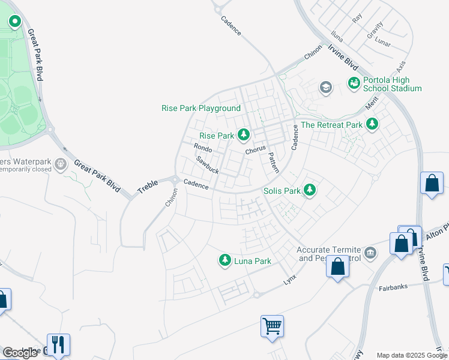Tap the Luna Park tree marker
coord(225,260)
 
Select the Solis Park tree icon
coord(310,190)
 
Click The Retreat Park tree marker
coord(373,124)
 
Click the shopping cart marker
coord(273,326)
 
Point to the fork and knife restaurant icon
coord(58,344)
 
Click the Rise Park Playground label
coord(201,109)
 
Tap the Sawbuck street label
coord(207,165)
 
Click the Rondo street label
coord(203,148)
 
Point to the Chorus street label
coord(255,150)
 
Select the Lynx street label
coord(291,280)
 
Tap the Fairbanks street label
coord(394,287)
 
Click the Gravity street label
coord(375,29)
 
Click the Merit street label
coord(373,102)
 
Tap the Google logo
coord(20,353)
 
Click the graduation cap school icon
coord(326,88)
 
